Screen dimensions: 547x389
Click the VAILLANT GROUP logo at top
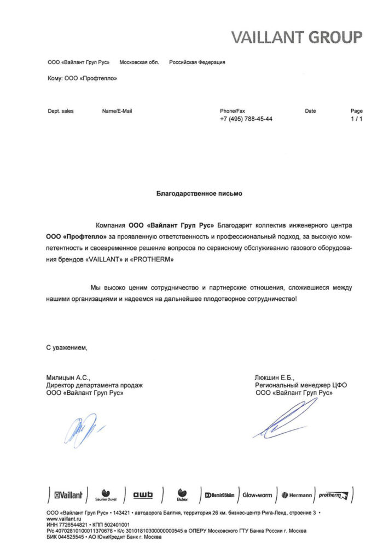(x=296, y=37)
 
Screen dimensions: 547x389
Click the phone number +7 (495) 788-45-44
(x=246, y=119)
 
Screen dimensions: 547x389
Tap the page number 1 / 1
(x=356, y=119)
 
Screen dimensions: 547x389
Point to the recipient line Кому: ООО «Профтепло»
(x=83, y=78)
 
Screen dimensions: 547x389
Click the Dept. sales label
(x=61, y=111)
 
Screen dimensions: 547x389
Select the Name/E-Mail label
(x=117, y=111)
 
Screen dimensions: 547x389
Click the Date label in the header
(x=310, y=111)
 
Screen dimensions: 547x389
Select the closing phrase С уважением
(x=67, y=347)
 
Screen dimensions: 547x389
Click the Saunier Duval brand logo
(x=106, y=496)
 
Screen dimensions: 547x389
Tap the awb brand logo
(x=143, y=495)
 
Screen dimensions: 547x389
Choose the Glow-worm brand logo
(x=257, y=495)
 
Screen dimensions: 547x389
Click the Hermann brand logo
(x=297, y=495)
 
